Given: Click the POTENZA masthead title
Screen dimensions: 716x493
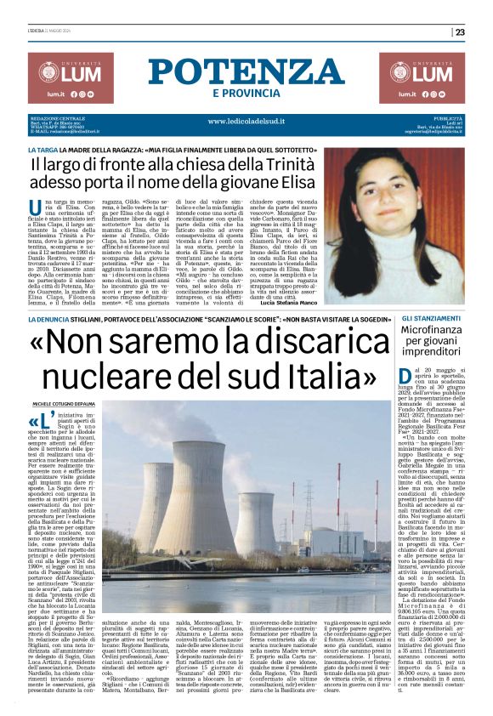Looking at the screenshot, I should point(246,71).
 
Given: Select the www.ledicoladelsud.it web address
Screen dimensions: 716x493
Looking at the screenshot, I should point(246,122).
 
